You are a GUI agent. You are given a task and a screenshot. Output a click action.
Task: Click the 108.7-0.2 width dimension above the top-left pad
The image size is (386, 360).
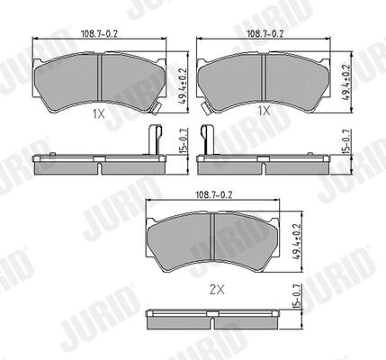99,33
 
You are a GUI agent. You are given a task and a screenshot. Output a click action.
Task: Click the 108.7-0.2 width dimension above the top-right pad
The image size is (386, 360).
265,33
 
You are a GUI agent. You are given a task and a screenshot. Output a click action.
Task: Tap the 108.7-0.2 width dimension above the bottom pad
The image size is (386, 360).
214,195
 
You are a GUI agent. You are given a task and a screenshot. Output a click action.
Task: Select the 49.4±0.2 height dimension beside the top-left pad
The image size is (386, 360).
183,85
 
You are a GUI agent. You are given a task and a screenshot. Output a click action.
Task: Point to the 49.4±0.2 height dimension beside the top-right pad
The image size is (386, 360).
346,83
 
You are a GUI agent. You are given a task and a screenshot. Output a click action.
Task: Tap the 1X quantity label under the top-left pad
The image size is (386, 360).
99,113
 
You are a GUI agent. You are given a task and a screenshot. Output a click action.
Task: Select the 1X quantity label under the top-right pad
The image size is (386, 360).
264,112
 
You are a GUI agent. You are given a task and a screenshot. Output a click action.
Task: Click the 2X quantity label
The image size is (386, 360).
217,290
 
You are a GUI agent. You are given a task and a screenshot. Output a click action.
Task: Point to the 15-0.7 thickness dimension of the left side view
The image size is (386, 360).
184,140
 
